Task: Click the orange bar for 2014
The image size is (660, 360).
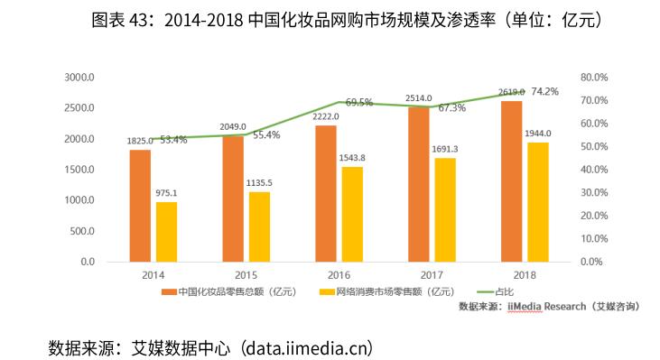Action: tap(140, 205)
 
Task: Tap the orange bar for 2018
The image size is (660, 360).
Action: tap(512, 180)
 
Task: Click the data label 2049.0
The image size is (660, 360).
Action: tap(233, 126)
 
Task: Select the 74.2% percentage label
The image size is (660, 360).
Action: tap(544, 91)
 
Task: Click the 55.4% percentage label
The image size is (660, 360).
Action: tap(266, 135)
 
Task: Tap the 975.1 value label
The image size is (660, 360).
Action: tap(167, 192)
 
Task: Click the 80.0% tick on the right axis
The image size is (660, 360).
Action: tap(597, 78)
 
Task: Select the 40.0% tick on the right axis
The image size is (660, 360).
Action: tap(597, 170)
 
